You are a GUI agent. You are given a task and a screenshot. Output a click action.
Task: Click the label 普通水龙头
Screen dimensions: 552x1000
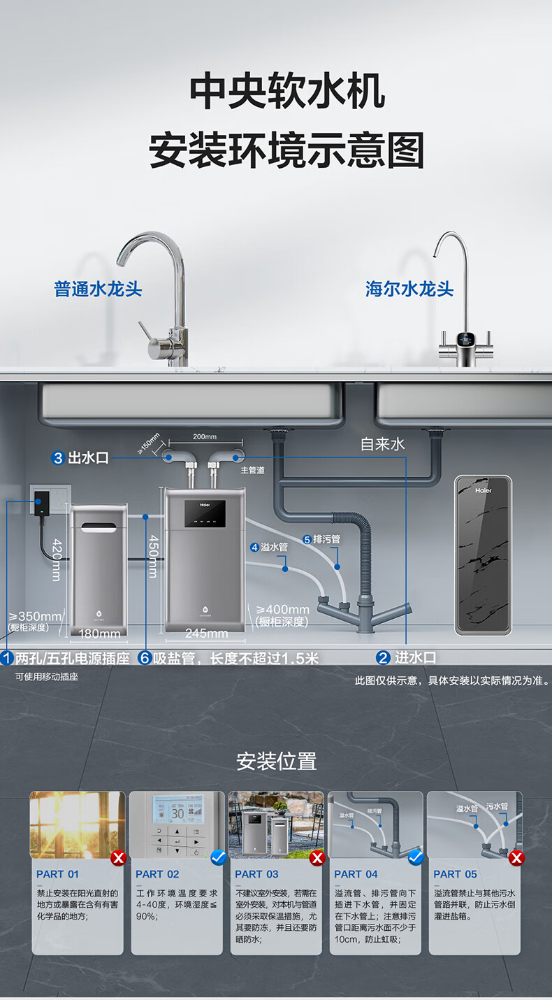tap(99, 289)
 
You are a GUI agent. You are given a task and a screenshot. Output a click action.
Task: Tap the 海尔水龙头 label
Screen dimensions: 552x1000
tap(409, 289)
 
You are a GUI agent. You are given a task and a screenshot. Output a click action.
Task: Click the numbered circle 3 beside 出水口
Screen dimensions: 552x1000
tap(58, 458)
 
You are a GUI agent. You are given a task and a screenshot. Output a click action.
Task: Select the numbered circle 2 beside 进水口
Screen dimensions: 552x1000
tap(383, 657)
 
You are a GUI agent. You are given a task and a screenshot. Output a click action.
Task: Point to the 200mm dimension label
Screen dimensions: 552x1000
tap(205, 437)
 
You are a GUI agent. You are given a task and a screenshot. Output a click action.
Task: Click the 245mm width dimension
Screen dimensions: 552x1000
tap(206, 634)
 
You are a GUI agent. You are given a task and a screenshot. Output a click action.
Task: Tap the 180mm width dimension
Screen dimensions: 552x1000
tap(99, 634)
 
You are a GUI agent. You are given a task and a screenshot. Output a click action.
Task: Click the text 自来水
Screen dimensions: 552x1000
tap(382, 444)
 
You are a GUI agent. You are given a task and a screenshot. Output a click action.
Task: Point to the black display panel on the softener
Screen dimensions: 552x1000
tap(205, 515)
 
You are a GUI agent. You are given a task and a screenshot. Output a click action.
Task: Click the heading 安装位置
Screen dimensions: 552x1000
tap(276, 761)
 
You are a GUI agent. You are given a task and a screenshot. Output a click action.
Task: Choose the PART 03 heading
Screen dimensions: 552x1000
tap(256, 874)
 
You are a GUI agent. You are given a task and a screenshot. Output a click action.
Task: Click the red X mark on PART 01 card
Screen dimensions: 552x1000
tap(119, 857)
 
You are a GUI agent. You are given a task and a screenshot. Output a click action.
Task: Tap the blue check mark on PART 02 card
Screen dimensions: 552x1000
tap(218, 857)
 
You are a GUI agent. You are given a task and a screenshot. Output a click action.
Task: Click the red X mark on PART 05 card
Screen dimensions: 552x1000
tap(516, 857)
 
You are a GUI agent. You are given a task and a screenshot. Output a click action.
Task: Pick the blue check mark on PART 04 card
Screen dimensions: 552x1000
tap(416, 857)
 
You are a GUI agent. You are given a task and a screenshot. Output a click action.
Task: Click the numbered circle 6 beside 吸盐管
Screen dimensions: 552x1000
tap(145, 658)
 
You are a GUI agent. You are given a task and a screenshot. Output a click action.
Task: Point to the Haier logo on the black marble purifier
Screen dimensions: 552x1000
tap(483, 491)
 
